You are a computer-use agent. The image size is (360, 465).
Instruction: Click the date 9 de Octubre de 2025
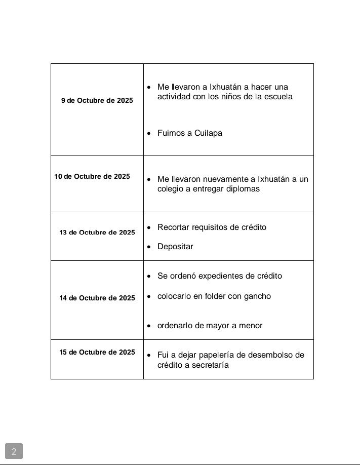[97, 101]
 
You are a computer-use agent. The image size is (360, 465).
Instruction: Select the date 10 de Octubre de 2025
[92, 177]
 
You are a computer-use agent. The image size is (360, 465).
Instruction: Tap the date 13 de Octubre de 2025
[97, 232]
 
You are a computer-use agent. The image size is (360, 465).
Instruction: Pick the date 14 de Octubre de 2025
[97, 298]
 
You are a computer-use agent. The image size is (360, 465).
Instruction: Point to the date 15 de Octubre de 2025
[97, 352]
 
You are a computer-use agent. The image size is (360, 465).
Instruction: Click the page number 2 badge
[14, 451]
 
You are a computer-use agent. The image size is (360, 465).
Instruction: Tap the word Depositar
[175, 247]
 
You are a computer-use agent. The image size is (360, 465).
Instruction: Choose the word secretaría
[210, 365]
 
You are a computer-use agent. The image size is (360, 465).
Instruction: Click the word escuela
[278, 97]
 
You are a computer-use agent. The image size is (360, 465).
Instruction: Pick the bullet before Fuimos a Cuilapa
[148, 134]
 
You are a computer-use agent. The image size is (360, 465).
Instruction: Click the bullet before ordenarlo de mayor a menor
[148, 326]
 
